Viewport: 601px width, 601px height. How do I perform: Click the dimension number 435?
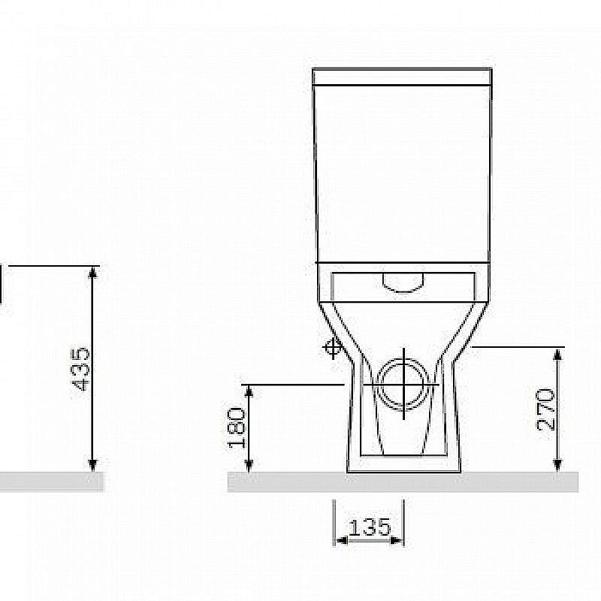coord(82,369)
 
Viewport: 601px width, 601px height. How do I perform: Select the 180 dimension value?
coord(237,427)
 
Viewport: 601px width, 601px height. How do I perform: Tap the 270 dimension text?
coord(547,409)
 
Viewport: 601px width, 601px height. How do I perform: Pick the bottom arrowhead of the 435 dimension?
coord(92,465)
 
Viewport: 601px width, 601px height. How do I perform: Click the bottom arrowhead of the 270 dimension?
coord(557,465)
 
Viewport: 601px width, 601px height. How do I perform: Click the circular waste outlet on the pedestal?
coord(404,384)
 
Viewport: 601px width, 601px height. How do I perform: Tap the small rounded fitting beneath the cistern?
coord(403,281)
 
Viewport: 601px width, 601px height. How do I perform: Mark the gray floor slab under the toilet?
coord(403,482)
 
